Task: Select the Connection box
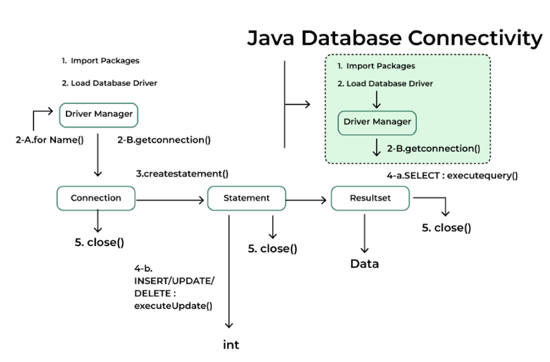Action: [x=96, y=198]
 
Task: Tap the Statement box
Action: [x=246, y=198]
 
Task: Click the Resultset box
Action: [x=370, y=198]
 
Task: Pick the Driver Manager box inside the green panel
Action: [x=377, y=122]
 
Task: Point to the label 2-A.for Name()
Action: [x=50, y=140]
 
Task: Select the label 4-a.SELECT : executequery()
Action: [x=452, y=174]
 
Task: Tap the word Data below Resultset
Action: [x=365, y=264]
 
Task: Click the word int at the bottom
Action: [x=231, y=345]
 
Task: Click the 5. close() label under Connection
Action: [x=100, y=242]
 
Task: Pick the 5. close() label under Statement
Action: [x=272, y=249]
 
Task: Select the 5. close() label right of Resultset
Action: [x=447, y=228]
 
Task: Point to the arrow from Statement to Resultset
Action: [x=308, y=201]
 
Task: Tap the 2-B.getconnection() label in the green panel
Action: [x=433, y=148]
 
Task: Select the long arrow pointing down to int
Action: [x=231, y=272]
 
